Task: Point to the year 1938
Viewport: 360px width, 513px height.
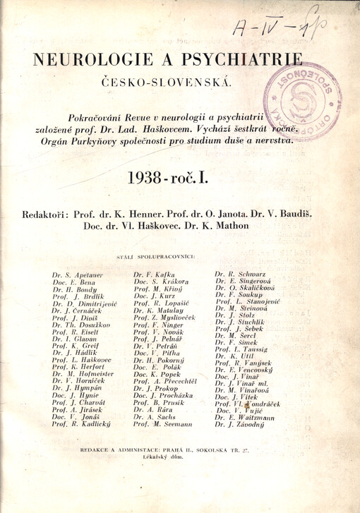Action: [150, 179]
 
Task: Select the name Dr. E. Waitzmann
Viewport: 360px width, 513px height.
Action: [245, 417]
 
